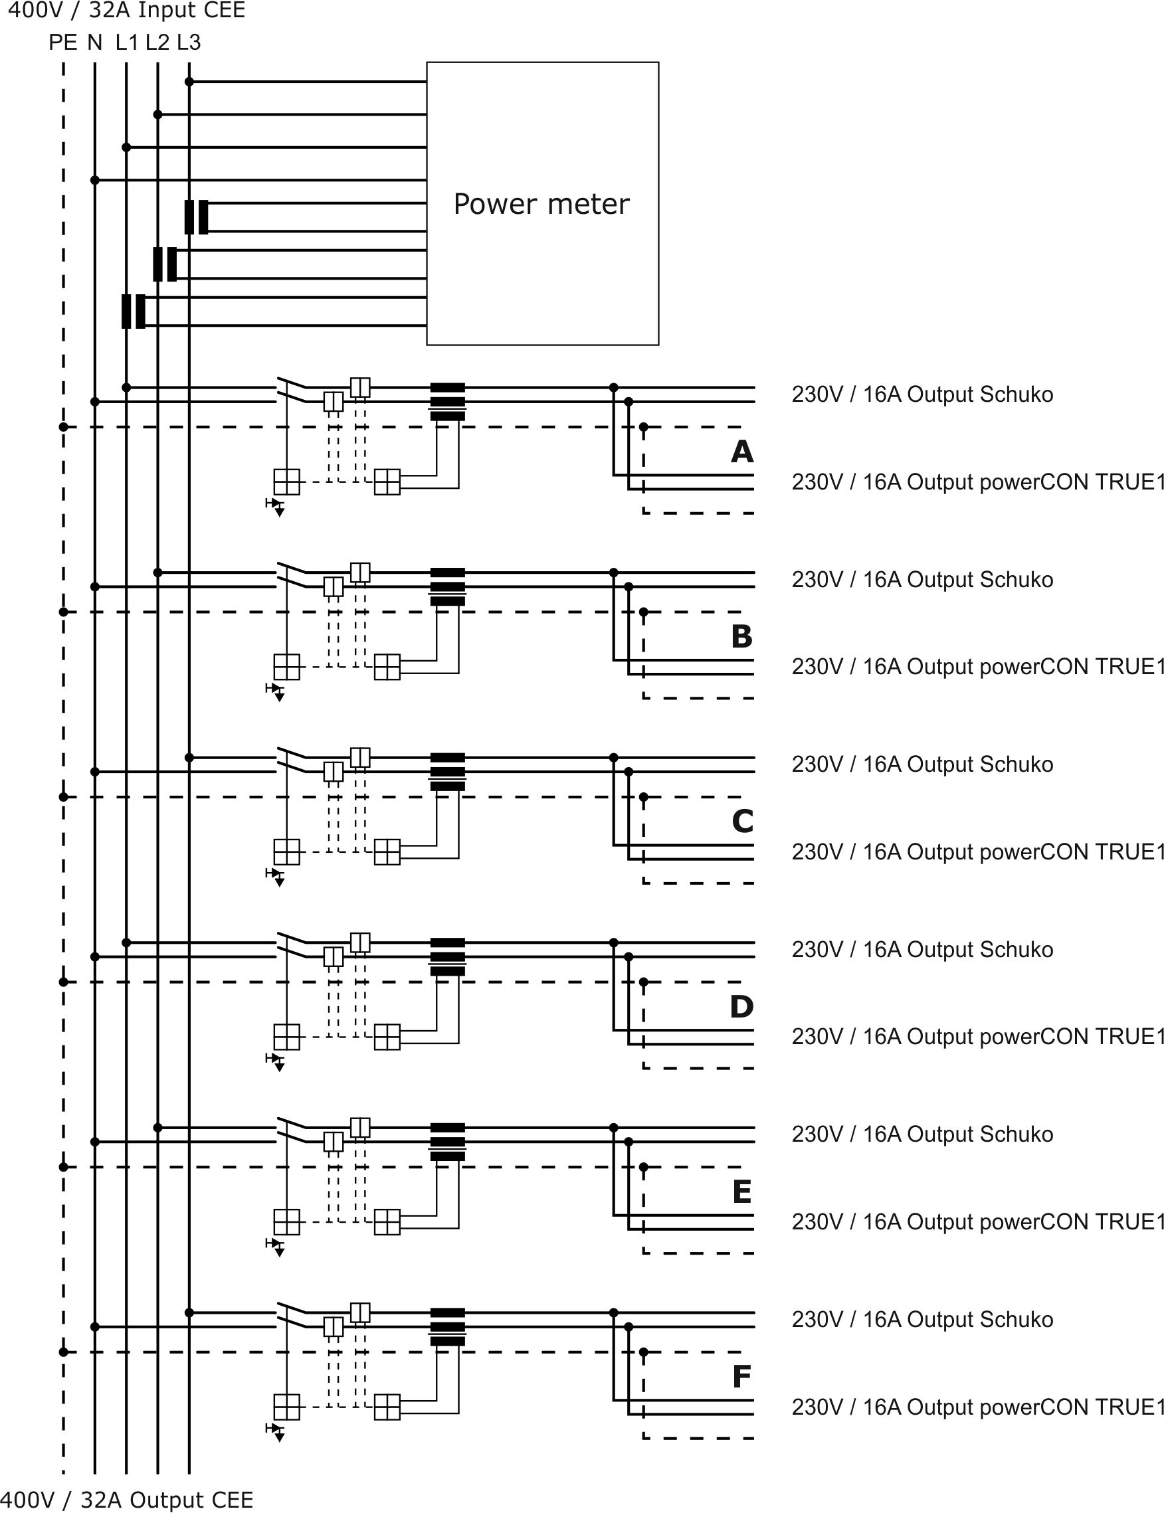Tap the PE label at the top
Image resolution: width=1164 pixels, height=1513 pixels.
[x=62, y=43]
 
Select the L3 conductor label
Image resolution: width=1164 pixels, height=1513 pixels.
[x=189, y=43]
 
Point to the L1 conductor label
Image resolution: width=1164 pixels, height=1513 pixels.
[x=126, y=43]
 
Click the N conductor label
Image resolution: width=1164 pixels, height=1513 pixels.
[x=95, y=43]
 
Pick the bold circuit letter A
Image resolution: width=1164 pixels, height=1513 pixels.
[x=742, y=452]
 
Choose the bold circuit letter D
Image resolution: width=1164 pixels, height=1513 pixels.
[x=742, y=1006]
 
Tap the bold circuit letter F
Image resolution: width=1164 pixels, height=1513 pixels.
[x=742, y=1377]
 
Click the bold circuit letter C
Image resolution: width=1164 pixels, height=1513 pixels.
[x=742, y=821]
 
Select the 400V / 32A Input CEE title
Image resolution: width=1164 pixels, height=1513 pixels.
[x=126, y=11]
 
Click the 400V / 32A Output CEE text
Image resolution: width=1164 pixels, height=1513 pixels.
[x=126, y=1499]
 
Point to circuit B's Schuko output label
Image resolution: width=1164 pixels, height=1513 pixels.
[x=922, y=580]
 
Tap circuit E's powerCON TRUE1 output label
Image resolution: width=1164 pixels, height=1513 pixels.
[x=977, y=1221]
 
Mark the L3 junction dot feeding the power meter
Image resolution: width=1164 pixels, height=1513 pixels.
[x=189, y=82]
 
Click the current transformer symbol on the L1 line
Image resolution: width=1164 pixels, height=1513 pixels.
[x=134, y=311]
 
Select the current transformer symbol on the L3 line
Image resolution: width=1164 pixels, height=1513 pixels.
[x=196, y=217]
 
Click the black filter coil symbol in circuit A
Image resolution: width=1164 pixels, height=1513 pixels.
[x=448, y=402]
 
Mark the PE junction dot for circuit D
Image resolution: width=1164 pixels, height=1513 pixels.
[x=63, y=982]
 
